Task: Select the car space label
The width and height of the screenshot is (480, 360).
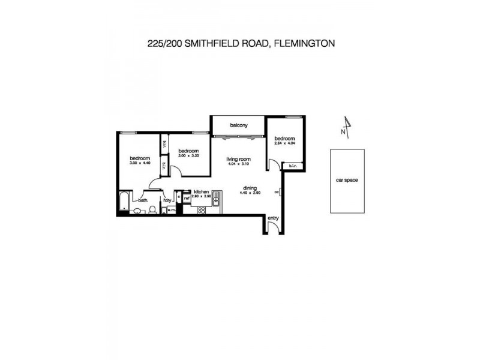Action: coord(347,180)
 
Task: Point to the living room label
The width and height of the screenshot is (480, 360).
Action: coord(238,159)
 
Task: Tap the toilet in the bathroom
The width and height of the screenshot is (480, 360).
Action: coord(152,209)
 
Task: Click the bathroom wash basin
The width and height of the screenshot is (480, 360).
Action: coord(138,211)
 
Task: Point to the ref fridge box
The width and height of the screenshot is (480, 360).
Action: coord(187,197)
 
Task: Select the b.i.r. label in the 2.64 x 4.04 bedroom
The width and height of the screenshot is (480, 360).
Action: coord(292,166)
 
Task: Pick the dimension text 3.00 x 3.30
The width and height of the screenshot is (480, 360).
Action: coord(188,155)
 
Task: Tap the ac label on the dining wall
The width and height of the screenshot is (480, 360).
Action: coord(277,192)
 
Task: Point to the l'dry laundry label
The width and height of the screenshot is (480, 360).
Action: coord(167,200)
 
